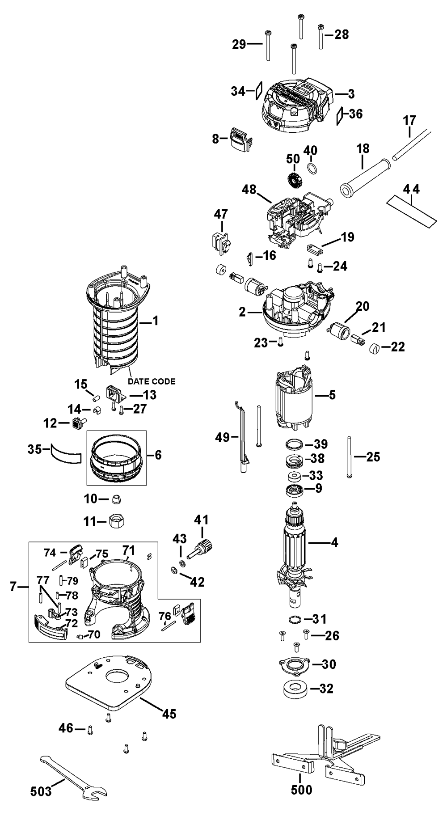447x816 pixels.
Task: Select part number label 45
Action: tap(169, 714)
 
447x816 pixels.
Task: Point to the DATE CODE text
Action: tap(152, 381)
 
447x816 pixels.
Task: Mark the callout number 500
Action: tap(301, 802)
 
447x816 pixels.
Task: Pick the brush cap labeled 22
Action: tap(376, 348)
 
